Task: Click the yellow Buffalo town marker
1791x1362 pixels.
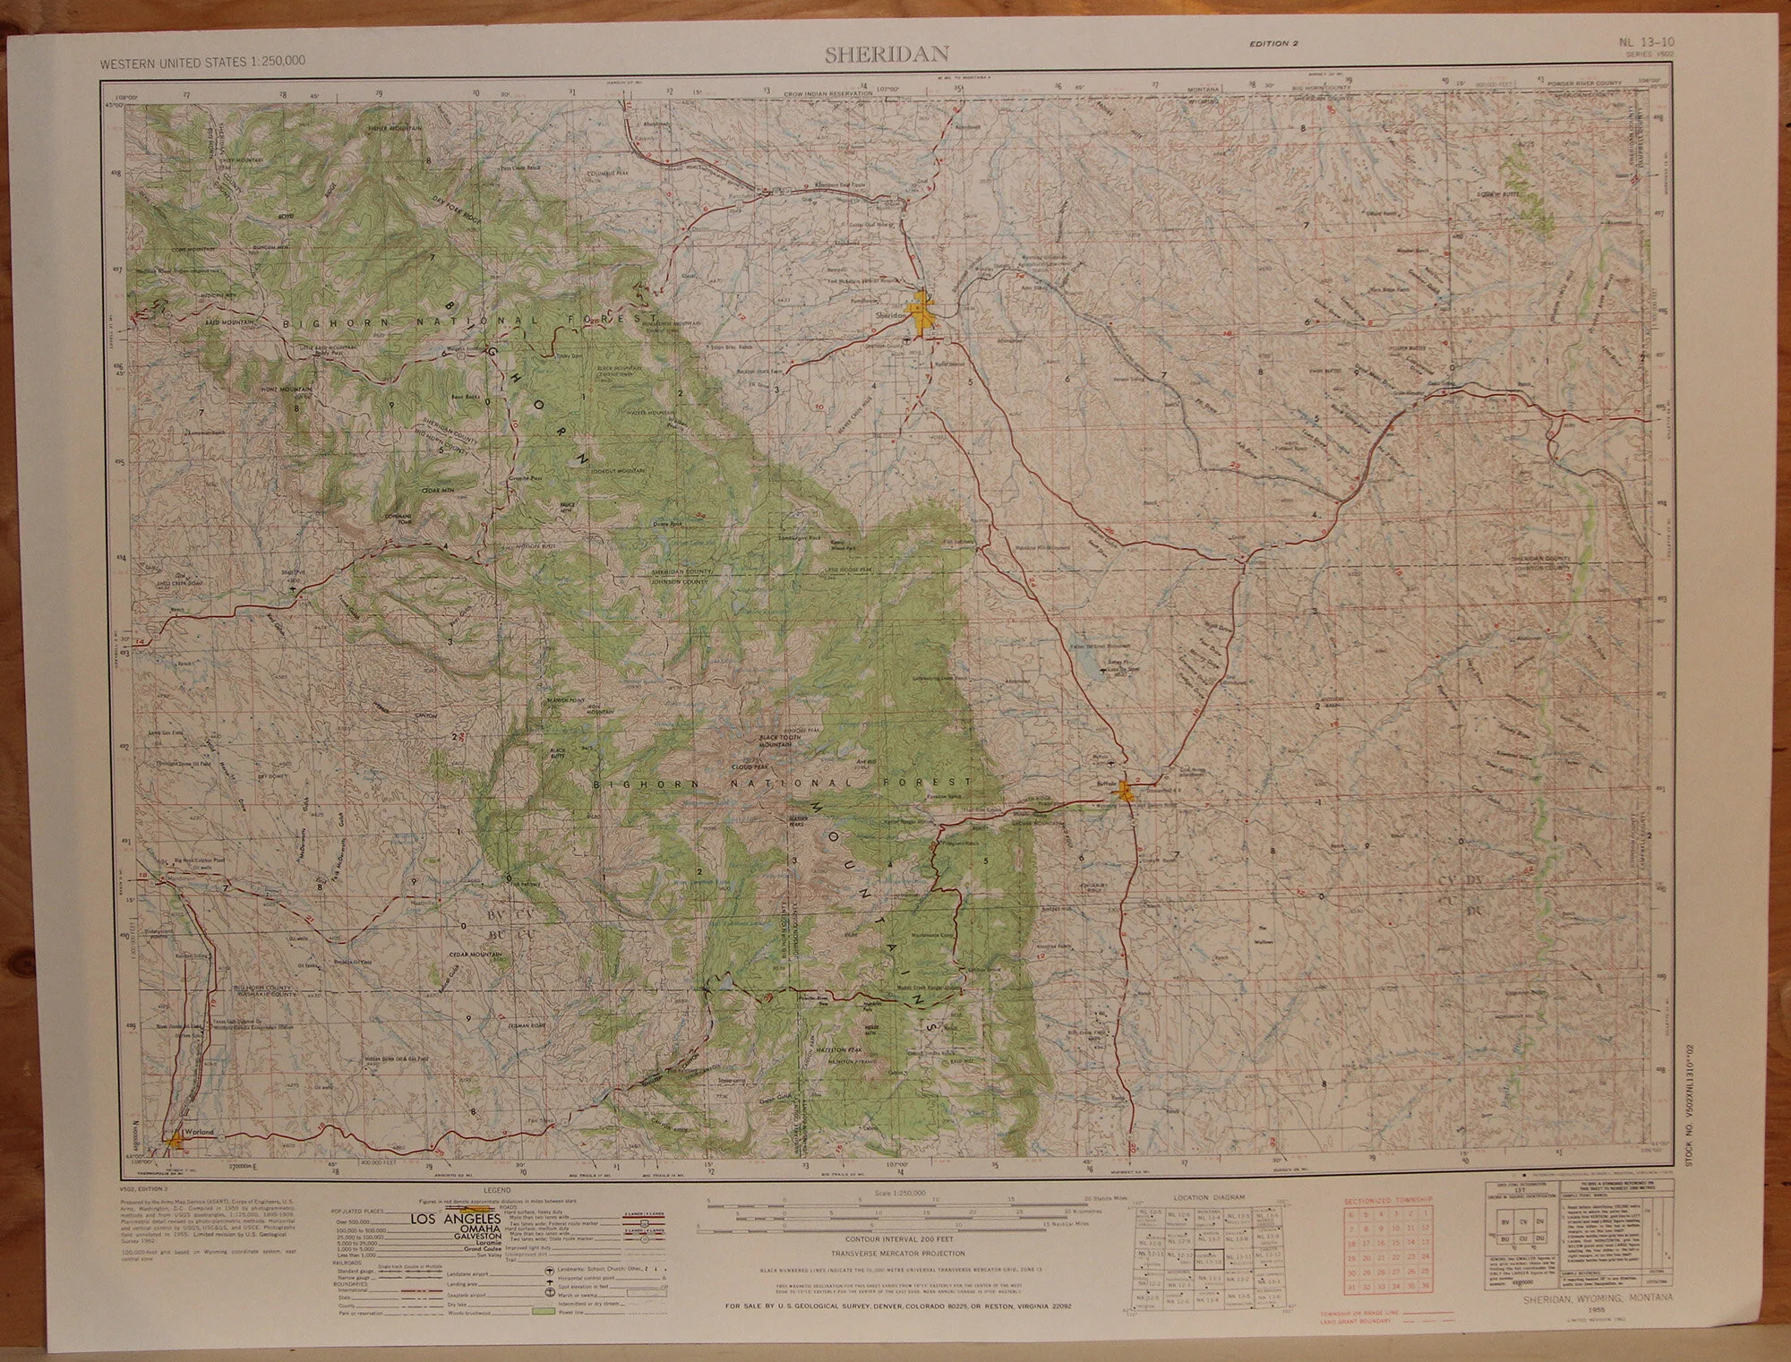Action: pos(1127,791)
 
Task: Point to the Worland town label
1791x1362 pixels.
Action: pos(201,1132)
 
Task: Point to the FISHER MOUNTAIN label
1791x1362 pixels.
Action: pos(394,129)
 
